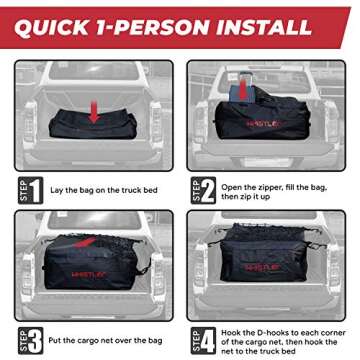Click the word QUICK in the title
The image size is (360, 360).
pos(62,21)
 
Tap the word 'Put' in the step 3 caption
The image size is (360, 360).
pos(62,335)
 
